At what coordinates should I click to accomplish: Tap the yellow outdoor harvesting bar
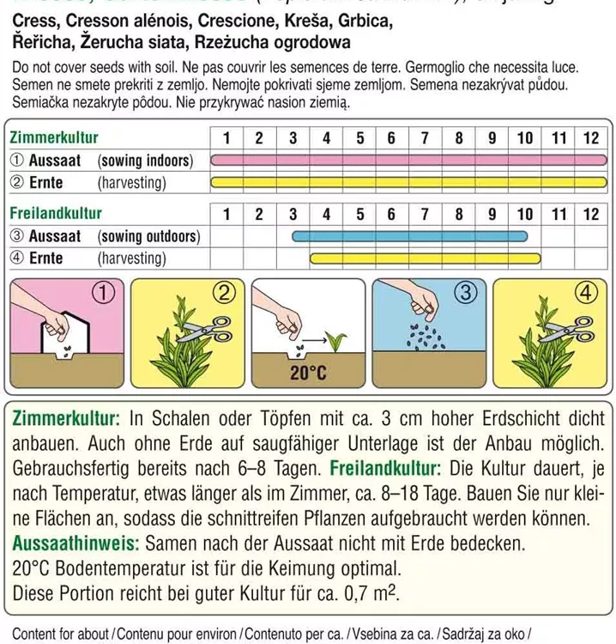[x=426, y=258]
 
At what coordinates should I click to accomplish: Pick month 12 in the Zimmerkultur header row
[x=589, y=138]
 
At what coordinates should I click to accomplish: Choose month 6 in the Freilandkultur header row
[x=391, y=214]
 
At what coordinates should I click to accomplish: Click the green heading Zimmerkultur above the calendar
[x=54, y=138]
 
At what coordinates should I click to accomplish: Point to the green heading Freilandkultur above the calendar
[x=56, y=214]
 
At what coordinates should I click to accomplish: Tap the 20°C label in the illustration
[x=310, y=373]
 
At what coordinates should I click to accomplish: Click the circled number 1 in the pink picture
[x=103, y=294]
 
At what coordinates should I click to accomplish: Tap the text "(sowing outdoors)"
[x=148, y=236]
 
